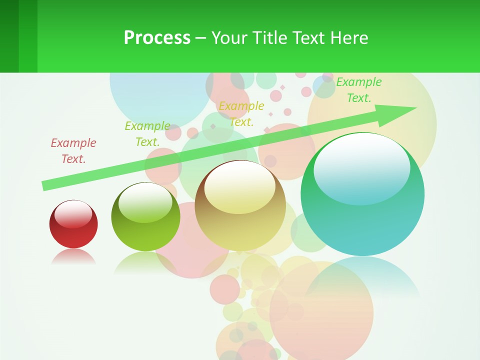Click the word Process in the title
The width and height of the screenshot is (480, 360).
157,38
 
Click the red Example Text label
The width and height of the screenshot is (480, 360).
73,150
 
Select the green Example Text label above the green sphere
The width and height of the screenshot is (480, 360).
147,133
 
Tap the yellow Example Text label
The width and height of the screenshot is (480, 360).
241,113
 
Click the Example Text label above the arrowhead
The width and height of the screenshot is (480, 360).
358,90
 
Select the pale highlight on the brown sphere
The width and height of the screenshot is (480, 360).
239,186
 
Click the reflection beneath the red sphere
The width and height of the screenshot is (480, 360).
73,257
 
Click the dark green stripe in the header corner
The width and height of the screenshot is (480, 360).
9,36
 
